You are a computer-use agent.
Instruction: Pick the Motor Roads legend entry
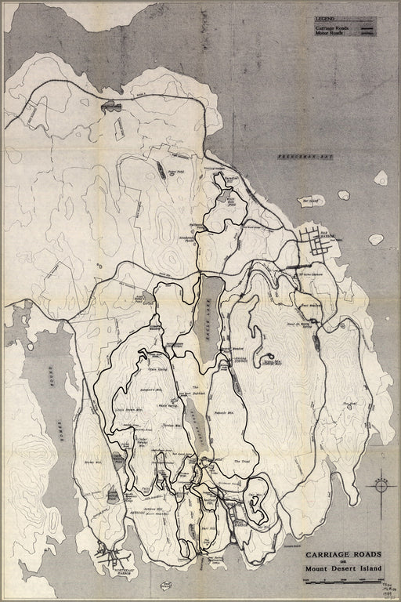tap(323, 34)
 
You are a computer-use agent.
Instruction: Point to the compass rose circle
tap(380, 486)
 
